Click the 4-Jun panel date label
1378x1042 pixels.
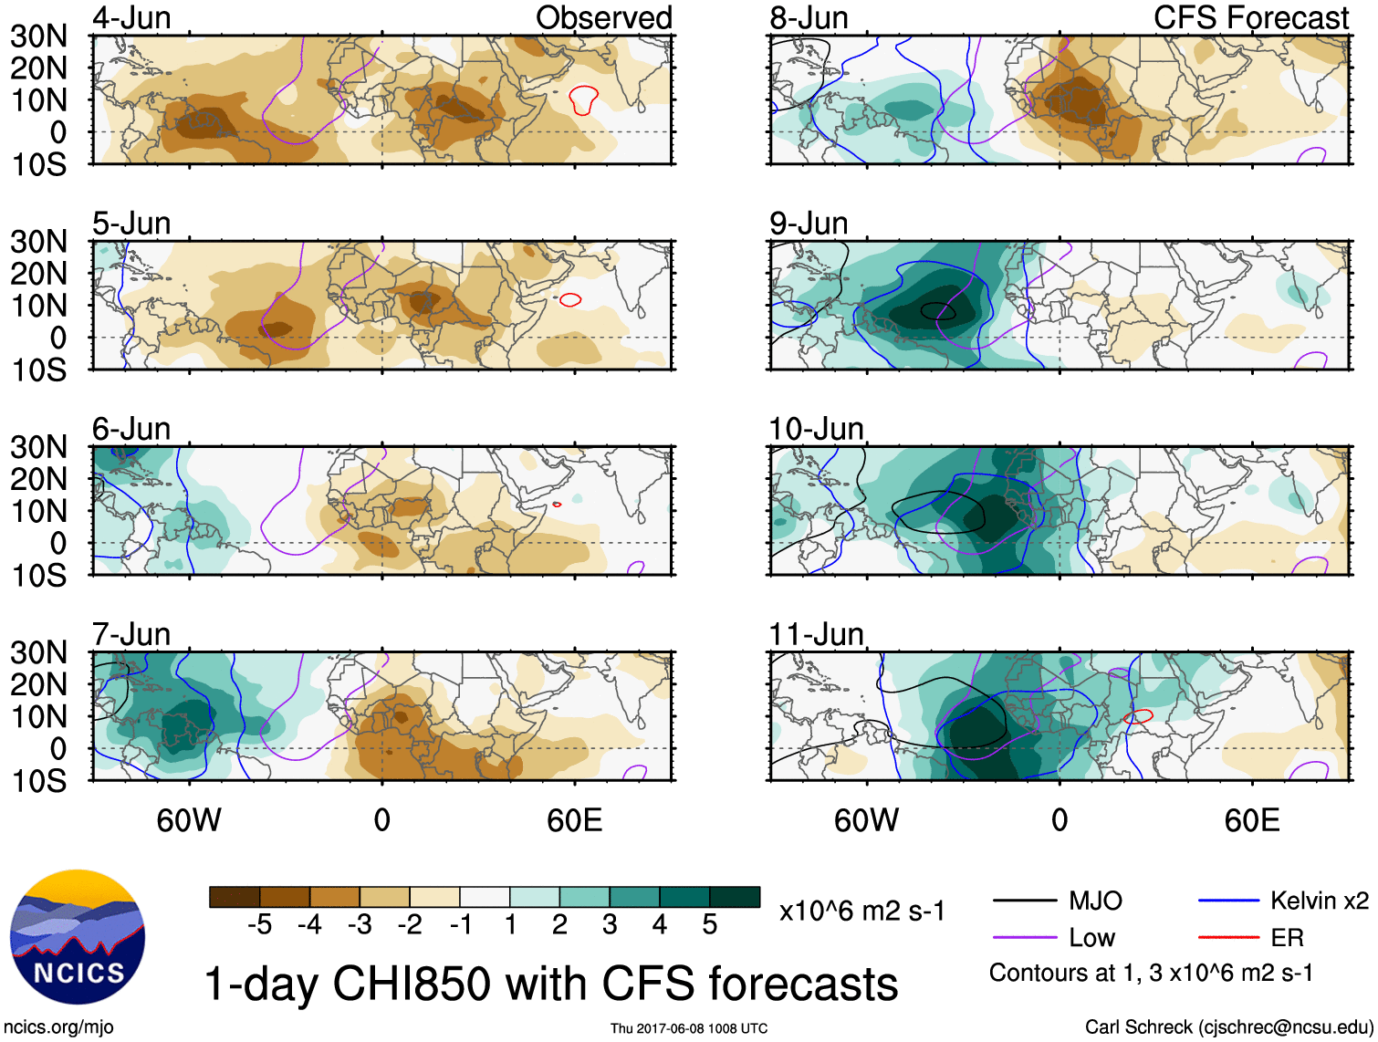point(131,18)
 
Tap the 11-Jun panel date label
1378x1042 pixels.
point(816,634)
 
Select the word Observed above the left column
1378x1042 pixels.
point(603,18)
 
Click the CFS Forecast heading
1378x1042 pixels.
point(1250,18)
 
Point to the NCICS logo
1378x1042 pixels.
point(78,937)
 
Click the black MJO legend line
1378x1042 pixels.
point(1025,901)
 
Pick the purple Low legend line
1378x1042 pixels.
point(1025,938)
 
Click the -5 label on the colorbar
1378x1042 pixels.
point(259,925)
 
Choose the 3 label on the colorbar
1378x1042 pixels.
point(610,925)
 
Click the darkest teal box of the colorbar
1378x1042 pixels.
point(735,897)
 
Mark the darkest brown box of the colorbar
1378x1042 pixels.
point(235,897)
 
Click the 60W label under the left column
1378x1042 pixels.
point(189,820)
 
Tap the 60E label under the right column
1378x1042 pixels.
point(1251,820)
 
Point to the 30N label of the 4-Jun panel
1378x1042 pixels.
point(38,36)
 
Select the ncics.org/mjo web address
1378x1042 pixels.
point(58,1027)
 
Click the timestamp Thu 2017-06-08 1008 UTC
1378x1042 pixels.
point(689,1028)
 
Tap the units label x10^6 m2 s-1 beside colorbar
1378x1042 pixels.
point(861,912)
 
